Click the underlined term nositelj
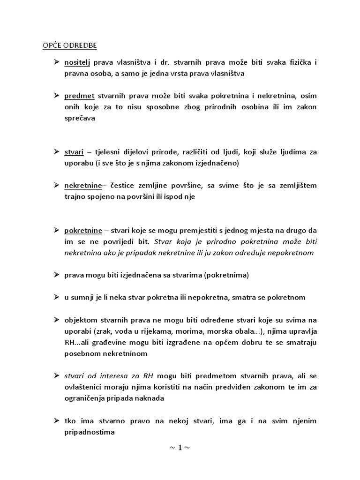tap(77, 62)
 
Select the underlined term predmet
tap(80, 96)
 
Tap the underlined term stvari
tap(74, 152)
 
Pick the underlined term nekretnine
tap(83, 186)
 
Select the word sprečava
tap(80, 119)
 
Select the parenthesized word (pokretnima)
tap(226, 275)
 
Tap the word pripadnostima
tap(90, 432)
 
